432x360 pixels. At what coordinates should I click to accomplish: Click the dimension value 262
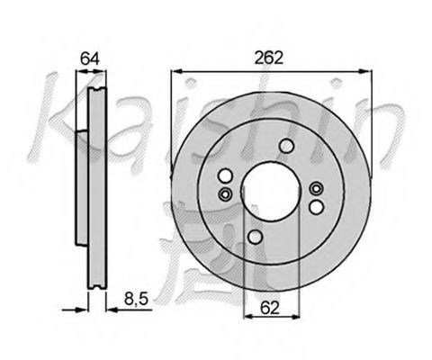[x=268, y=58]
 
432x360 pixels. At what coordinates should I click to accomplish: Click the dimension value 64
[x=90, y=58]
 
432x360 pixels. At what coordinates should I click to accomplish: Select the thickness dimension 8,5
[x=136, y=299]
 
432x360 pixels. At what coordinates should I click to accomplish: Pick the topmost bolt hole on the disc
[x=286, y=146]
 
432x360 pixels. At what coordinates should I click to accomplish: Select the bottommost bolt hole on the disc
[x=256, y=237]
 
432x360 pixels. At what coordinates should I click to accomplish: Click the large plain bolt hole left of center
[x=225, y=175]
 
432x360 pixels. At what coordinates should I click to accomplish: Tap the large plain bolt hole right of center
[x=317, y=207]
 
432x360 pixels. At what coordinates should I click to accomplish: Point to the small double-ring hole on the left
[x=225, y=194]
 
